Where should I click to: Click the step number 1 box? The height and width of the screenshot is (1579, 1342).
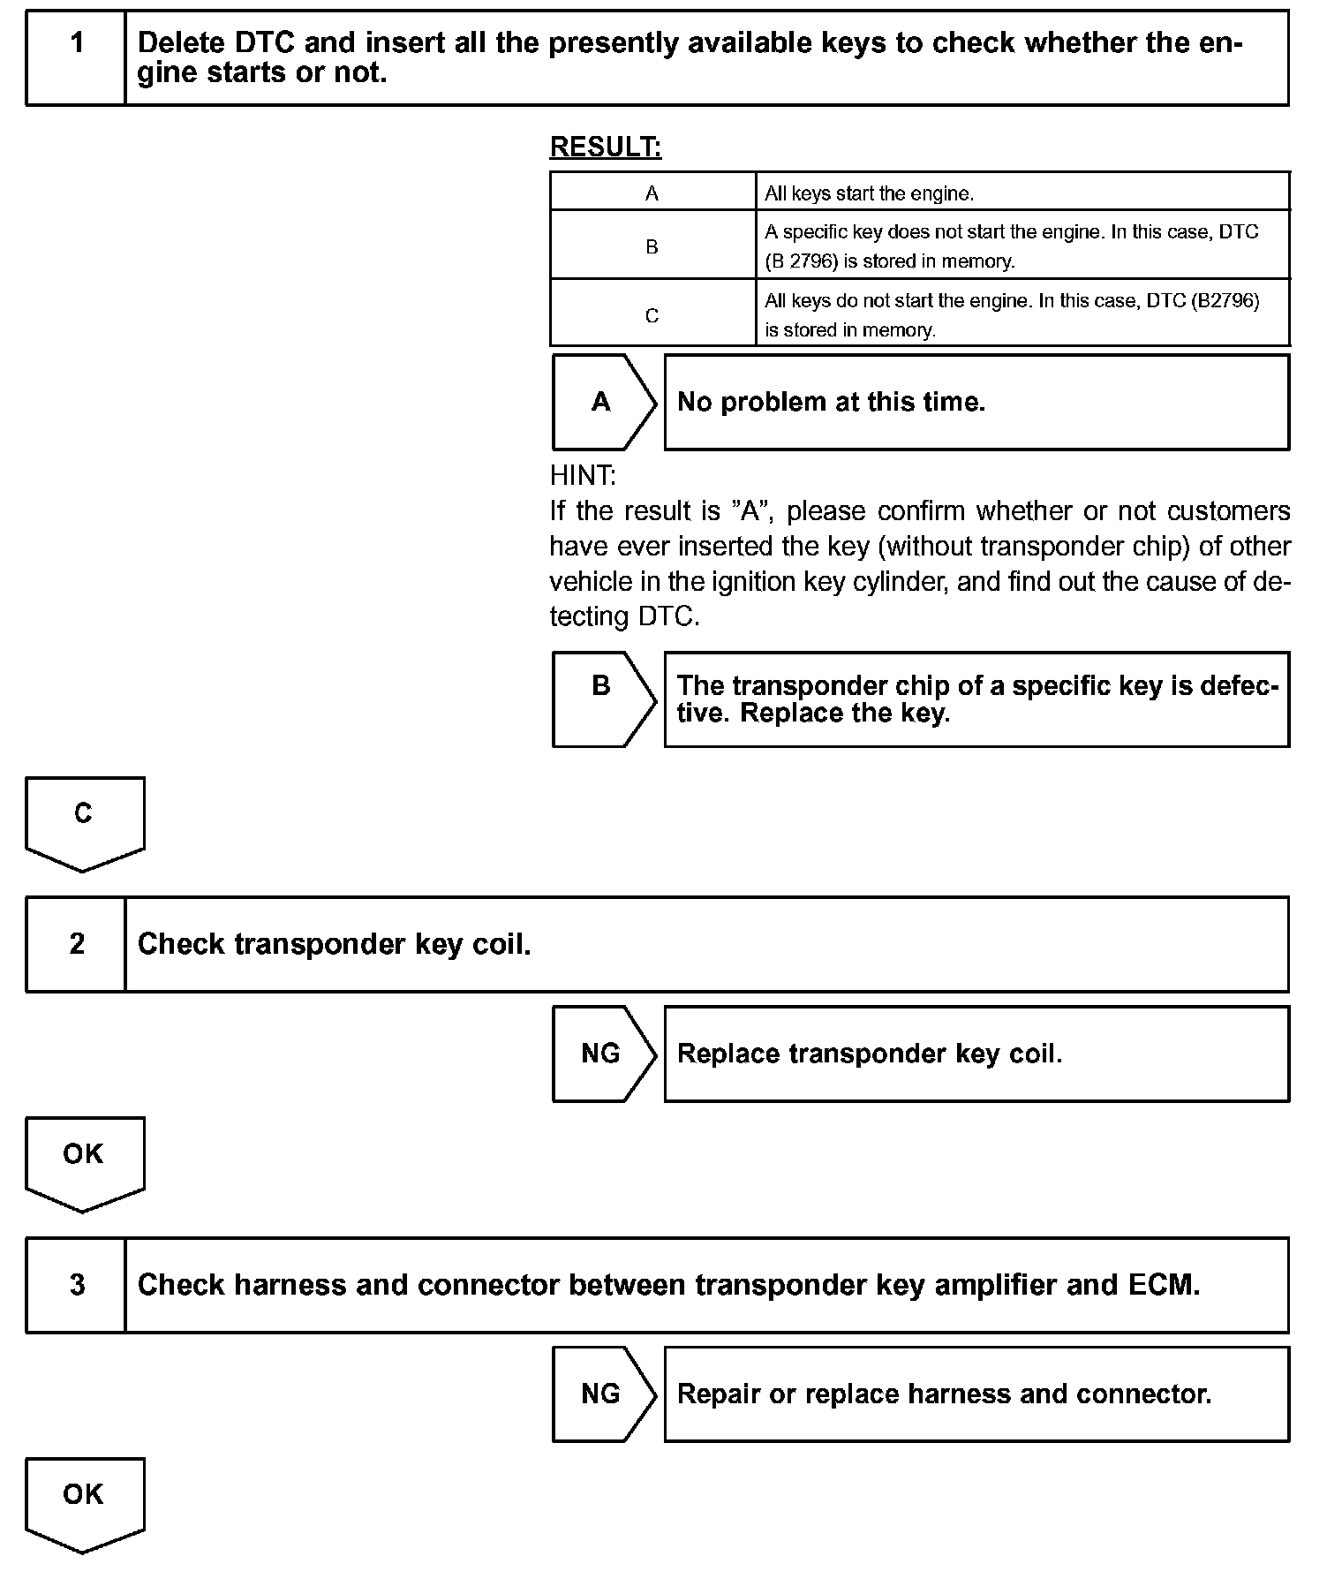click(x=77, y=57)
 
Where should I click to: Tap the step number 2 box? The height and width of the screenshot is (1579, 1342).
click(x=77, y=944)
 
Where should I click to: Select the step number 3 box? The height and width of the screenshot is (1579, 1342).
click(x=77, y=1284)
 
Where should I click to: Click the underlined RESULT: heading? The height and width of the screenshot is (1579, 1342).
click(x=606, y=147)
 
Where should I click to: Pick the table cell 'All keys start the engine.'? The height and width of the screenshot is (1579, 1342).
click(x=1022, y=193)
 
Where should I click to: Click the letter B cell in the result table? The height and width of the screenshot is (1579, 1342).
click(x=652, y=246)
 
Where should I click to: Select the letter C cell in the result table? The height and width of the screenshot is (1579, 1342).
click(x=652, y=315)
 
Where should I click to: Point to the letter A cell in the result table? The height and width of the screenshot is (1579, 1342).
click(x=652, y=193)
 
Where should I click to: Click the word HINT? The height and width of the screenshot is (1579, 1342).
click(x=583, y=476)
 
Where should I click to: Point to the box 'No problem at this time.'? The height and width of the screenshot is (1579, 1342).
click(x=976, y=403)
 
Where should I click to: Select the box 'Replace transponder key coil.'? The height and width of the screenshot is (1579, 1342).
click(x=976, y=1054)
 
